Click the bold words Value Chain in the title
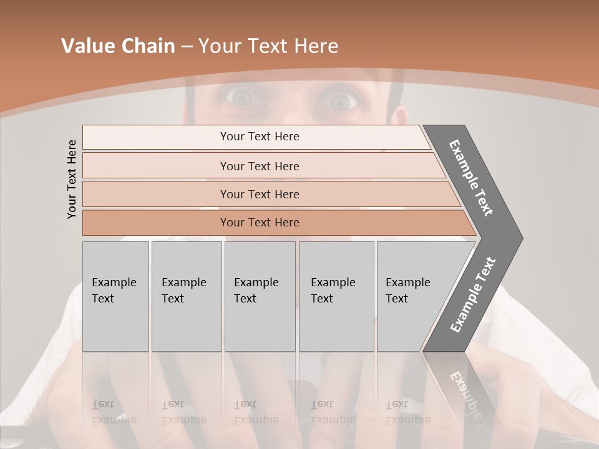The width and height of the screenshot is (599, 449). pyautogui.click(x=118, y=46)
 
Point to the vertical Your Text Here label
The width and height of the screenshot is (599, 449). pyautogui.click(x=72, y=179)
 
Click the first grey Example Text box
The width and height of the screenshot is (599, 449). pyautogui.click(x=115, y=296)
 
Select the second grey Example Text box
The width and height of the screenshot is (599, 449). pyautogui.click(x=186, y=296)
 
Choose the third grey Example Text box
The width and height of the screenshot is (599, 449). pyautogui.click(x=260, y=296)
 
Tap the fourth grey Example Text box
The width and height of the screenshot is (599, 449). pyautogui.click(x=336, y=296)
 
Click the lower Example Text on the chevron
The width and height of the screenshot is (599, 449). pyautogui.click(x=473, y=294)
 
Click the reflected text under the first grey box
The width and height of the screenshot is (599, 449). pyautogui.click(x=114, y=412)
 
